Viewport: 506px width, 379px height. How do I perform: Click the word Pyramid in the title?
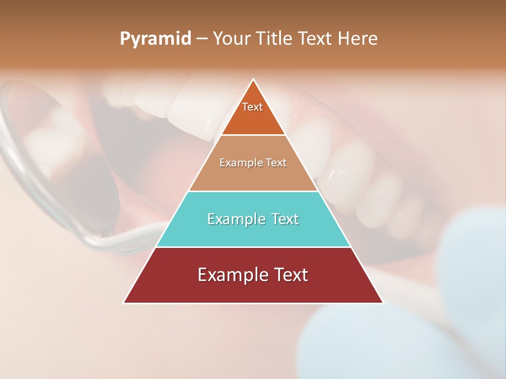(155, 39)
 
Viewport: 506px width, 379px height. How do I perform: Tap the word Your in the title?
(231, 39)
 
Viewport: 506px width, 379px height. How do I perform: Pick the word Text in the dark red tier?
(289, 275)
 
